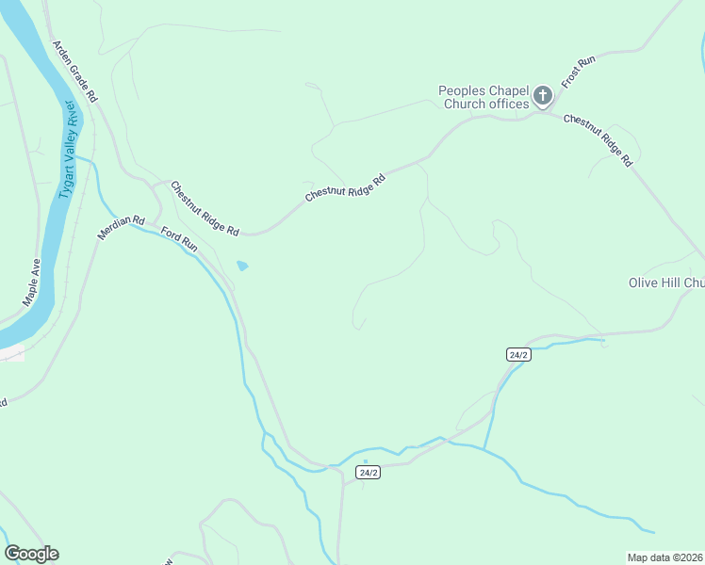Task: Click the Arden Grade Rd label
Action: click(75, 72)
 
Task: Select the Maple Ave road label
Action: click(32, 282)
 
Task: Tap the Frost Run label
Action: click(579, 73)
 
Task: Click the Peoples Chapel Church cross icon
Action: click(542, 95)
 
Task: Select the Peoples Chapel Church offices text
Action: click(484, 97)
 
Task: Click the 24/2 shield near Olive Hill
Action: click(518, 354)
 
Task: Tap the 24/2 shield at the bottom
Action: click(369, 472)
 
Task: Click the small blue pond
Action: click(242, 266)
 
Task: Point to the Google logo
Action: click(31, 554)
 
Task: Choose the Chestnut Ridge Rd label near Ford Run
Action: click(205, 208)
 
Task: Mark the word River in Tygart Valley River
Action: click(74, 120)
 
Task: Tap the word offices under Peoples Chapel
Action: click(509, 104)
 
